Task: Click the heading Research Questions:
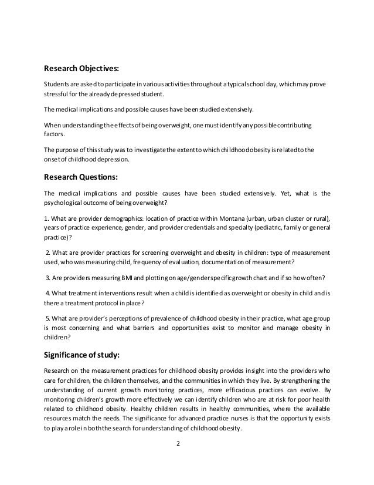click(x=84, y=176)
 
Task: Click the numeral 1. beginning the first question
click(x=47, y=218)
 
